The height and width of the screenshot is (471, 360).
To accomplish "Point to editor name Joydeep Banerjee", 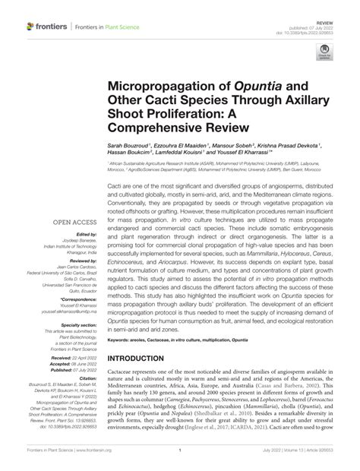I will tap(78, 242).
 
